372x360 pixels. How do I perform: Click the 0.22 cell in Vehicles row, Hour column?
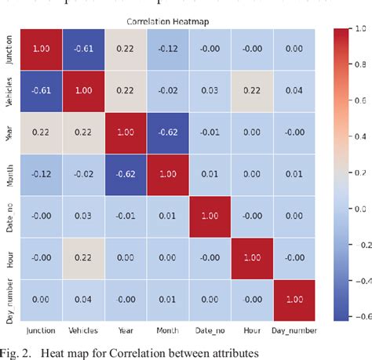[252, 90]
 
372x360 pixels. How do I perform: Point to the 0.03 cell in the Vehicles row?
[210, 90]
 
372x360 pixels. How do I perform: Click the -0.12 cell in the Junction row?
[166, 49]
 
